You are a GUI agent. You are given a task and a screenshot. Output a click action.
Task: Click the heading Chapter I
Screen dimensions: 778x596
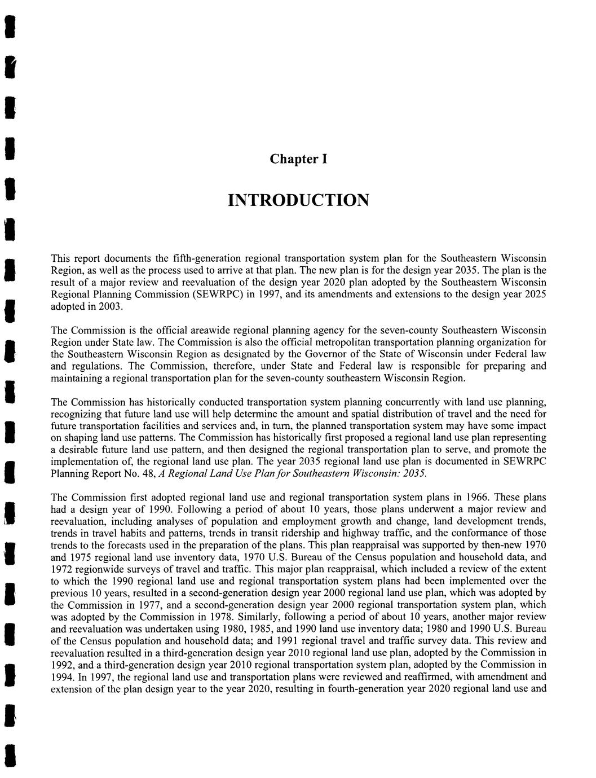[x=298, y=159]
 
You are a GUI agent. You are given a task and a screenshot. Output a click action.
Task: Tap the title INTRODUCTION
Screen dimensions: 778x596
[x=298, y=200]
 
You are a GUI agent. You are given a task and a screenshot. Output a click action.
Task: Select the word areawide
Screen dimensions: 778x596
[x=230, y=329]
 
